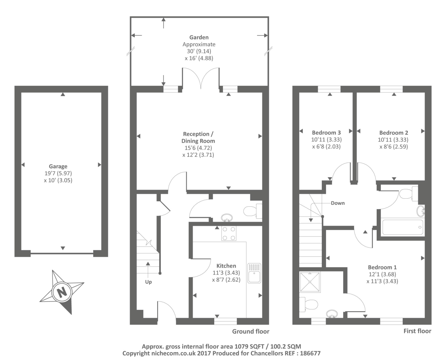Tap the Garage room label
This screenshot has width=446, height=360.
(58, 166)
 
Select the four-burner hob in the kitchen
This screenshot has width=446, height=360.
(229, 233)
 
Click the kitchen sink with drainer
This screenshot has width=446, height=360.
(254, 273)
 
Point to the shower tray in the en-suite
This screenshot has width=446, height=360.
(310, 282)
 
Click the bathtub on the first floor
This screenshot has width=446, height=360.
(402, 227)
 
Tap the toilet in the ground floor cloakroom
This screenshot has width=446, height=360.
(253, 211)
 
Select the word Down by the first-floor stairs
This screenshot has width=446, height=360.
(338, 203)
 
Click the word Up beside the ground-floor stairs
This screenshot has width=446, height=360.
(148, 282)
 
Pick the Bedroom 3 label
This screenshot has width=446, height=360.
(326, 133)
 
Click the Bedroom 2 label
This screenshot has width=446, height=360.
(394, 133)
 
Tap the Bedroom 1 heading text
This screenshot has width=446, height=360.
(382, 267)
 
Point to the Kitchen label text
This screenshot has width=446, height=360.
(226, 266)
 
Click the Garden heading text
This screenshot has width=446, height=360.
(199, 37)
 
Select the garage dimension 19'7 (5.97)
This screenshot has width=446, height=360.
(58, 173)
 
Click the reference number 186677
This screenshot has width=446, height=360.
(310, 353)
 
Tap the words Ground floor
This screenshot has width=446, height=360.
(251, 331)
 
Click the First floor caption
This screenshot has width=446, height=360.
(417, 331)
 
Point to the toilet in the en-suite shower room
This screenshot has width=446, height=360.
(309, 304)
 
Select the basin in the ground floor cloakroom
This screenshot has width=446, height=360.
(227, 217)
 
